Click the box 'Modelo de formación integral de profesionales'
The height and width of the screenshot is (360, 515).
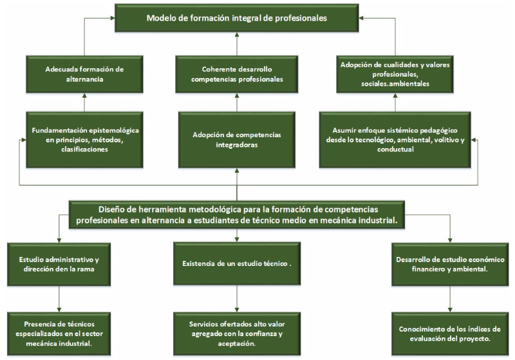(x=236, y=18)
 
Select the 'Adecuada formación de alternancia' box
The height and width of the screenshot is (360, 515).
(x=84, y=74)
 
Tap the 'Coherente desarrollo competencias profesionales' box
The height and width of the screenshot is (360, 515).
(x=236, y=74)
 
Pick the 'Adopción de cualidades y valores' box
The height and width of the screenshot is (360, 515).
(x=395, y=74)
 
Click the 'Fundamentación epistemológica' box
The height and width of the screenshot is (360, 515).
(x=84, y=140)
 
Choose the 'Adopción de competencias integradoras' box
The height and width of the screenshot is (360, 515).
(x=236, y=140)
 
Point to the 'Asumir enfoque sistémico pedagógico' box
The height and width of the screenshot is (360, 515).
(x=395, y=140)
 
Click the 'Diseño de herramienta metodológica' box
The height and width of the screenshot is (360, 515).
(x=236, y=215)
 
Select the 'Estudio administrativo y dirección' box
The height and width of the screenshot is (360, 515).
(x=59, y=265)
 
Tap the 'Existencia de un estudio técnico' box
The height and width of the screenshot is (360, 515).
(x=236, y=263)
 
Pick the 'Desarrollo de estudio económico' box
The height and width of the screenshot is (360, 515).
(x=450, y=265)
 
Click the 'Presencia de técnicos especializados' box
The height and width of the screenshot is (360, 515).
(x=59, y=334)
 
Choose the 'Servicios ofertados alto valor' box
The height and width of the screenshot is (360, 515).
(x=236, y=334)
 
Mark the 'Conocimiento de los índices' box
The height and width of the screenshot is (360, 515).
(x=450, y=334)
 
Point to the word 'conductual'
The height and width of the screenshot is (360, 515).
(x=395, y=149)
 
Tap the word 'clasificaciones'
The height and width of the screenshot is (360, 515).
(x=84, y=149)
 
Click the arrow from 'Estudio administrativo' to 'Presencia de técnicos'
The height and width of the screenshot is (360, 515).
(x=59, y=299)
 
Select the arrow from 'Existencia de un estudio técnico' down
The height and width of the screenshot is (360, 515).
(x=236, y=298)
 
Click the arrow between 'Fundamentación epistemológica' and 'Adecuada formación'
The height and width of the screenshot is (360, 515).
(x=84, y=102)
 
